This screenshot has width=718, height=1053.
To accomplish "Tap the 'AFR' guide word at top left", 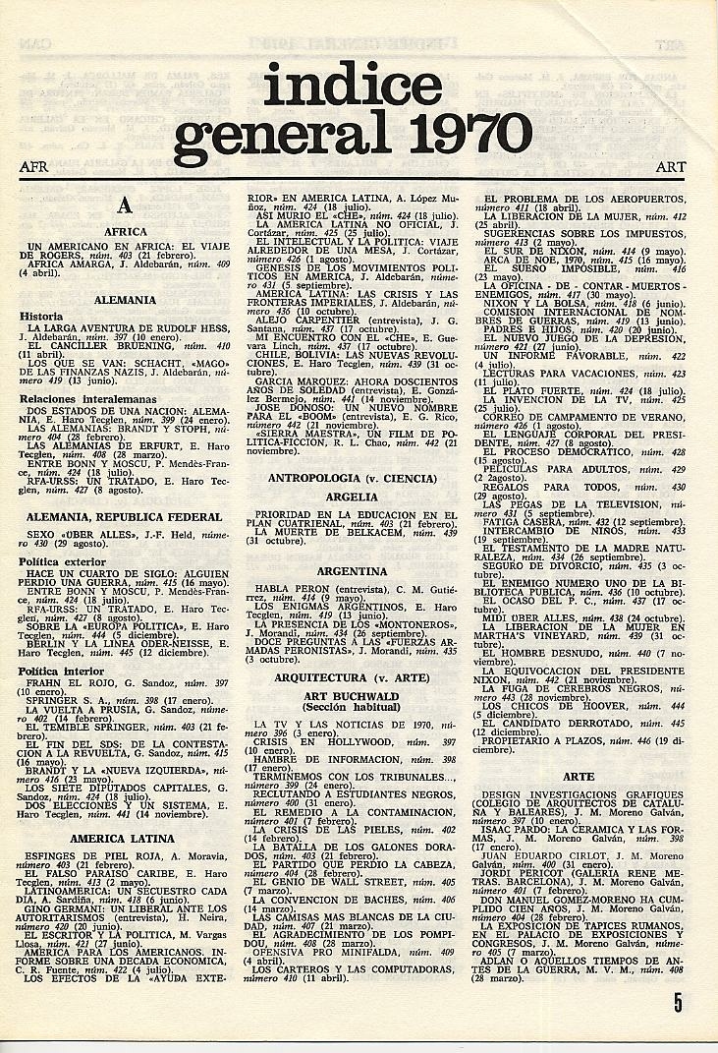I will tap(33, 167).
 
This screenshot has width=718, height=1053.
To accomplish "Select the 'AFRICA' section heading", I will tap(125, 232).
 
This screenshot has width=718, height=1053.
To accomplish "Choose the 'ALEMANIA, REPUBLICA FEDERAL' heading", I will tap(125, 516).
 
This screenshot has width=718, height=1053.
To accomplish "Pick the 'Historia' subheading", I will tap(41, 317).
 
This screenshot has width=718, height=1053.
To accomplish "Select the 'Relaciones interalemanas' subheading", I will tap(81, 399).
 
